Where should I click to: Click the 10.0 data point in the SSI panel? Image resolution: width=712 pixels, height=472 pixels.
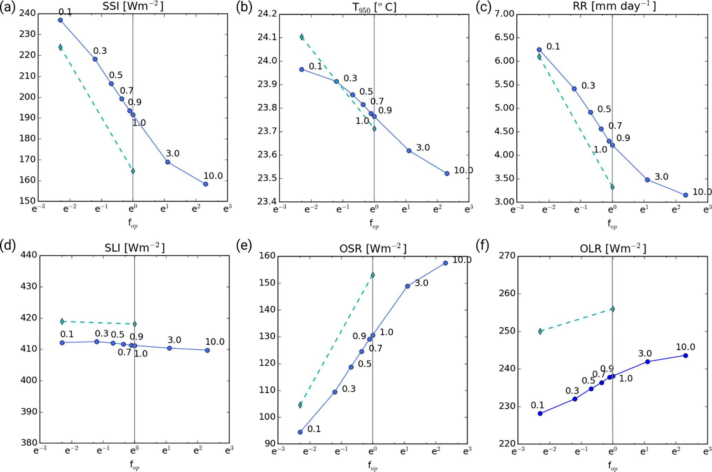coord(206,184)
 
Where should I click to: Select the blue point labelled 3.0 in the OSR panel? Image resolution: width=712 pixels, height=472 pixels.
coord(407,286)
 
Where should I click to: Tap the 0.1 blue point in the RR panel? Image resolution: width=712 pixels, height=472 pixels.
coord(539,50)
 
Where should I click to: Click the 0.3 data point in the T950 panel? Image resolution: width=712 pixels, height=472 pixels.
coord(337,82)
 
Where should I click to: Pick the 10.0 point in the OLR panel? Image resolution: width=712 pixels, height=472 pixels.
coord(685,356)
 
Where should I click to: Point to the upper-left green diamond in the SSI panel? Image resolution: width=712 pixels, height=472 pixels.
coord(60,47)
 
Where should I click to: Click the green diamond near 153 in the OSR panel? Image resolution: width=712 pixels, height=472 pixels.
coord(373,275)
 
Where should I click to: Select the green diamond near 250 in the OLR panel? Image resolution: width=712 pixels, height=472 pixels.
coord(540,331)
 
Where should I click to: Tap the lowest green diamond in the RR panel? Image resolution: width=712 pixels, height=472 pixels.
coord(612,187)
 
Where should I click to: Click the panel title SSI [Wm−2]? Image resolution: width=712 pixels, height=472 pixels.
coord(133,7)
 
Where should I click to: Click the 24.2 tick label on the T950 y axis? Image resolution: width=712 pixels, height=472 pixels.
coord(267,14)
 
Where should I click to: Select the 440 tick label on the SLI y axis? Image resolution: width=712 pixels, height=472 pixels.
coord(29,255)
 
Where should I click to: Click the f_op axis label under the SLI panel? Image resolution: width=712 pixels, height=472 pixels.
coord(134,465)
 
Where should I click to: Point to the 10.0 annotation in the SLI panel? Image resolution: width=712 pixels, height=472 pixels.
coord(215,342)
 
